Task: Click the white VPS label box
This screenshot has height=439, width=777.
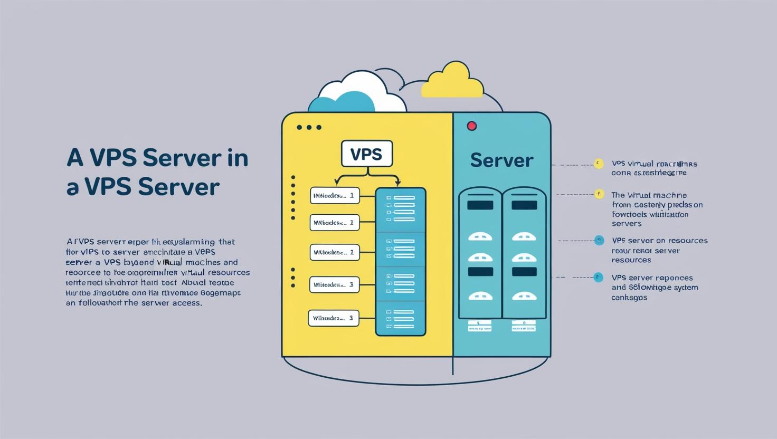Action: pos(366,154)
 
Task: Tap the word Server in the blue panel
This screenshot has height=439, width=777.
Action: pos(501,160)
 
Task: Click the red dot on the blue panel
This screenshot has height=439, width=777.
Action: pos(472,126)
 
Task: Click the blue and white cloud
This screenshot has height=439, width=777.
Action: pos(356,95)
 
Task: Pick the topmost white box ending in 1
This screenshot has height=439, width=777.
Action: pos(335,195)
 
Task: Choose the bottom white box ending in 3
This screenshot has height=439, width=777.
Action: pos(333,318)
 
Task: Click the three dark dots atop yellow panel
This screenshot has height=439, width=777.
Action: pos(309,128)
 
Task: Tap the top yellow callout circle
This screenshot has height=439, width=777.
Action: pos(599,164)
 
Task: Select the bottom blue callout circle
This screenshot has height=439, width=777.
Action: pos(598,277)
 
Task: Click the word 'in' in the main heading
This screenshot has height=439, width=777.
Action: pos(238,158)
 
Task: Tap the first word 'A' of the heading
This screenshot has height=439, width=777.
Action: pos(75,158)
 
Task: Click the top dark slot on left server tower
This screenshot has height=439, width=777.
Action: pos(480,205)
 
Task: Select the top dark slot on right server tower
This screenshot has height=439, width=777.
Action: pos(524,205)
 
